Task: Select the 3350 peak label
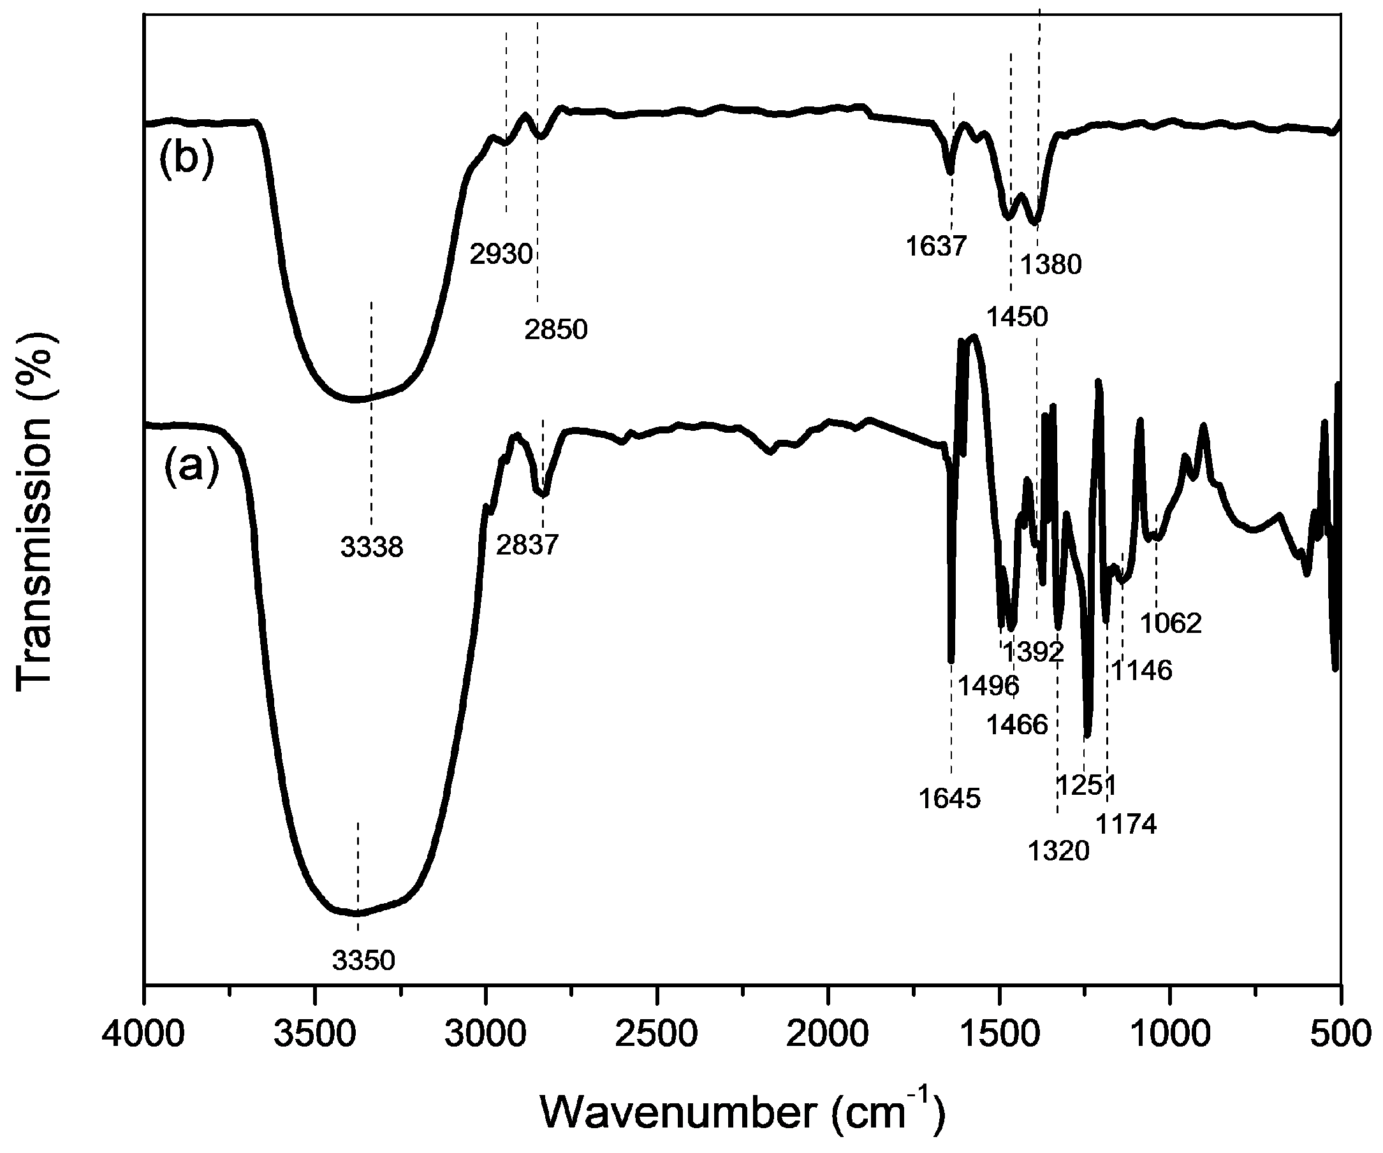pyautogui.click(x=363, y=961)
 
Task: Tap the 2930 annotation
pyautogui.click(x=501, y=254)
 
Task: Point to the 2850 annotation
pyautogui.click(x=556, y=330)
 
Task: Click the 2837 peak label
pyautogui.click(x=527, y=544)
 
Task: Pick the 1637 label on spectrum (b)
pyautogui.click(x=935, y=246)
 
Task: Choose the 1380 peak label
pyautogui.click(x=1050, y=265)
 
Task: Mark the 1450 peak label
pyautogui.click(x=1017, y=317)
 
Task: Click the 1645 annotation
pyautogui.click(x=949, y=799)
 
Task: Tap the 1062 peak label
pyautogui.click(x=1171, y=623)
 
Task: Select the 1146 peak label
pyautogui.click(x=1142, y=671)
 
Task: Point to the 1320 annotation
pyautogui.click(x=1058, y=852)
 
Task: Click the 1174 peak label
pyautogui.click(x=1125, y=823)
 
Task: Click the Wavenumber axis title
pyautogui.click(x=743, y=1112)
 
